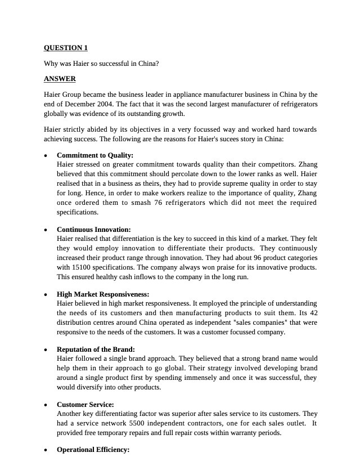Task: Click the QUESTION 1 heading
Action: (x=65, y=48)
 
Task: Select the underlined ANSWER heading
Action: (x=60, y=79)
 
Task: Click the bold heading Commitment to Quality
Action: (x=95, y=155)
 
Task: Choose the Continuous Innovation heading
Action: (x=93, y=230)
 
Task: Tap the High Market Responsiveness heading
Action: (x=103, y=294)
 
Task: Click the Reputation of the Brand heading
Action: (x=96, y=350)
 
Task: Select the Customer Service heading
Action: (x=85, y=405)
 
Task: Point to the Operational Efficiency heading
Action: (x=93, y=450)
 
